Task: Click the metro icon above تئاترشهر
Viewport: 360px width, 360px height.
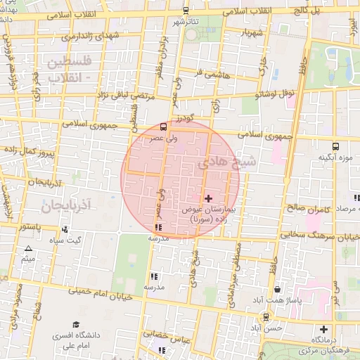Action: [186, 11]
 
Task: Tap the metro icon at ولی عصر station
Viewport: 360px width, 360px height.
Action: [163, 127]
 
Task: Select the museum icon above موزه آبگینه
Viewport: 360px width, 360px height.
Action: [335, 146]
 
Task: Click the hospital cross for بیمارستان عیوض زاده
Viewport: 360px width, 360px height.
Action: [207, 199]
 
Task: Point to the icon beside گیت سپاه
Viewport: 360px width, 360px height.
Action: [65, 229]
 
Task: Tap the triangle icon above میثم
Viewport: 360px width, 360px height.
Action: [28, 249]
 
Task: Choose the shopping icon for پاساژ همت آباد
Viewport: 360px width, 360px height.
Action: [278, 289]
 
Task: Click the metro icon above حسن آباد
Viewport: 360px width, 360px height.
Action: [264, 317]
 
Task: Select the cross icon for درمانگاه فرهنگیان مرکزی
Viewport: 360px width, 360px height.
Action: [323, 329]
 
